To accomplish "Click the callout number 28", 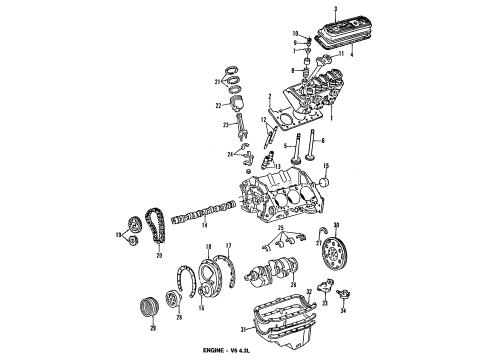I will click(x=180, y=319).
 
